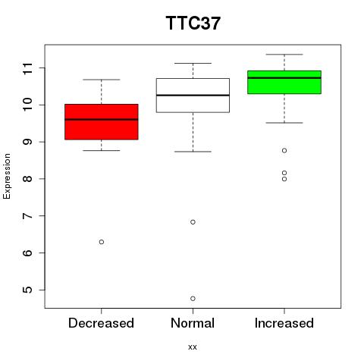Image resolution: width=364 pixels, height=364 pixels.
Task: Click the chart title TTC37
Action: point(193,24)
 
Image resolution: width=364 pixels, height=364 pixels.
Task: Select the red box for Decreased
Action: point(102,121)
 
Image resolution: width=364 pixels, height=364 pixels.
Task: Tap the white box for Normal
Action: point(193,96)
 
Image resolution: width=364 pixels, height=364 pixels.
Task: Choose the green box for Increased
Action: point(284,82)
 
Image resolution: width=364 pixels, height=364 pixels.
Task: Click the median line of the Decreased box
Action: point(102,119)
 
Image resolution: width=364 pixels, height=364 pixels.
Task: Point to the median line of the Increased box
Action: point(284,78)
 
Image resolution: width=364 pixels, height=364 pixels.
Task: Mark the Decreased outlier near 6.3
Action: point(102,242)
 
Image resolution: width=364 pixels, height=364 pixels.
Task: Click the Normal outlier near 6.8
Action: point(193,222)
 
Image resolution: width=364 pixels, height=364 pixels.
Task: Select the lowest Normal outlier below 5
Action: point(193,299)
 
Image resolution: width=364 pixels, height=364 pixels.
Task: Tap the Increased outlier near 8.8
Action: point(284,151)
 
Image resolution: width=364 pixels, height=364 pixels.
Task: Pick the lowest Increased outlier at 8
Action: point(284,179)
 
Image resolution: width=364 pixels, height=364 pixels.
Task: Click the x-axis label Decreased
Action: point(101,323)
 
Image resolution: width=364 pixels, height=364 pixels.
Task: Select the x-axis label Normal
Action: point(193,323)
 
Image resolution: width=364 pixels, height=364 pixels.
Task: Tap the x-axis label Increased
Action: point(284,323)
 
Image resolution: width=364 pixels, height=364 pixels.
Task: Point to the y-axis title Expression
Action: point(7,176)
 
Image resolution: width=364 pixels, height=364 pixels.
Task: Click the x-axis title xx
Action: point(193,347)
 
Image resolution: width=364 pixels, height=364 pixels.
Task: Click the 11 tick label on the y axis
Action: point(27,68)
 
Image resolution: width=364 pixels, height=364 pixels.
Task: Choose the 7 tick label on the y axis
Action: point(27,216)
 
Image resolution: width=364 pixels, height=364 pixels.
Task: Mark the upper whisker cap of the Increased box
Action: point(284,55)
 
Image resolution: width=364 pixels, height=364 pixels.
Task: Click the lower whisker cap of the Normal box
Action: point(193,152)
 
